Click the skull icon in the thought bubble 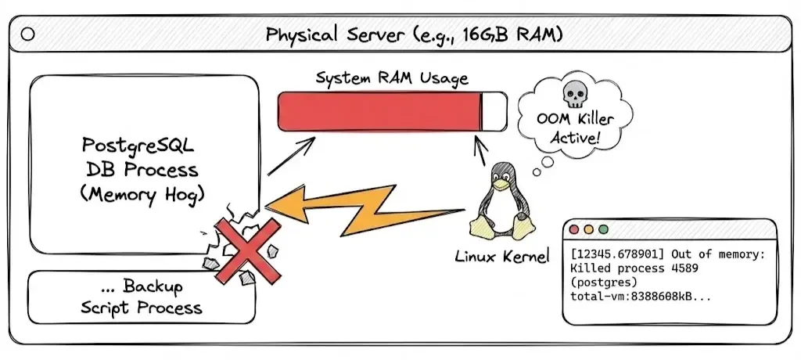coord(573,95)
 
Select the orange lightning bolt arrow coord(368,207)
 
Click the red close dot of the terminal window coord(574,231)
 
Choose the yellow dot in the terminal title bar coord(587,231)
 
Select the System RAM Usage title coord(392,78)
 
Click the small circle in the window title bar coord(28,34)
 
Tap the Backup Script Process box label coord(142,297)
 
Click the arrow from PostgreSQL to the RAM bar coord(291,155)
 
